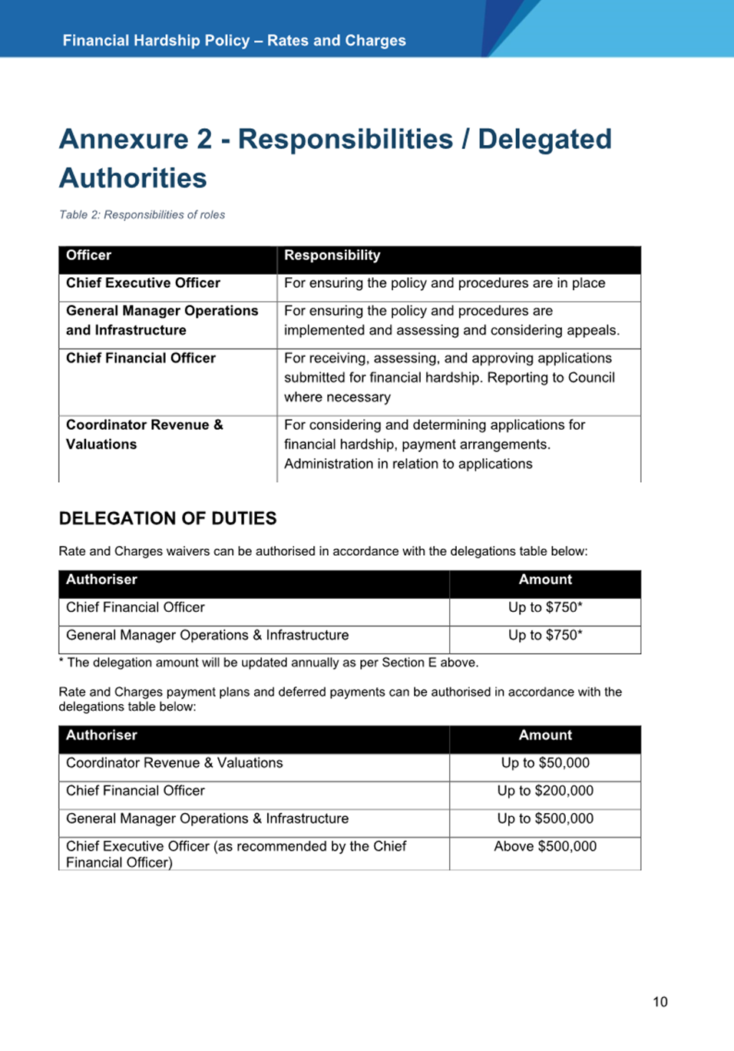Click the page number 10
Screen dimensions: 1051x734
coord(660,1002)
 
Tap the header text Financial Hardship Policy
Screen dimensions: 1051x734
coord(157,41)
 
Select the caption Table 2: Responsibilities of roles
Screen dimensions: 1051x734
coord(142,215)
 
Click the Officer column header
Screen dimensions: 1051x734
coord(88,256)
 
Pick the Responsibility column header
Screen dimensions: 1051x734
coord(332,256)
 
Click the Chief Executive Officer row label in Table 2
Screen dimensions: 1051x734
coord(143,283)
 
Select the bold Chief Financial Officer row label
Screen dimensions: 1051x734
coord(141,359)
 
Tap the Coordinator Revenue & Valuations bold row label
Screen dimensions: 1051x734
coord(144,435)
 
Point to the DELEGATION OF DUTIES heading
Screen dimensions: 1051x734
coord(167,519)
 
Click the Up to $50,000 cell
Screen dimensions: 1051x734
coord(545,763)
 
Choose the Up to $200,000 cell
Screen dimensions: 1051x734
coord(545,791)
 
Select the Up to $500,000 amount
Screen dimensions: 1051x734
coord(545,819)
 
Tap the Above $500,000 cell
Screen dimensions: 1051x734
coord(545,847)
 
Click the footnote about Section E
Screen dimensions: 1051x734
coord(269,663)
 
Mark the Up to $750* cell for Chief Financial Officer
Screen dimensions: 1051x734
coord(545,607)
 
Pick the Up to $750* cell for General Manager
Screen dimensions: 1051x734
coord(545,636)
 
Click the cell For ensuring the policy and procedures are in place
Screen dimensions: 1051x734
coord(445,283)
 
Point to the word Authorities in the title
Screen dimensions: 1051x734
coord(133,178)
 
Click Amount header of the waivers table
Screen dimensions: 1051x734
coord(545,580)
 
